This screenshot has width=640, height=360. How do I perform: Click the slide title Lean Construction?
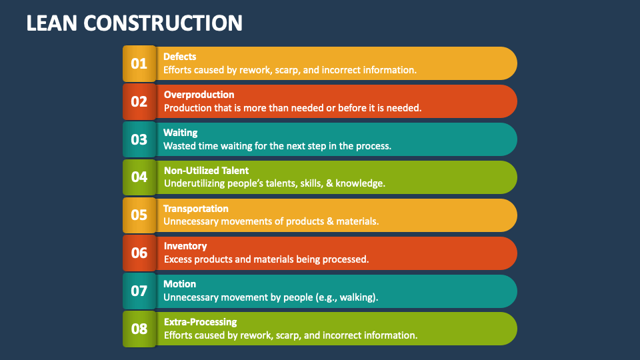pyautogui.click(x=134, y=23)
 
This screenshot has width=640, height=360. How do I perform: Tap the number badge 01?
pyautogui.click(x=139, y=64)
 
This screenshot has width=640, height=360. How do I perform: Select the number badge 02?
pyautogui.click(x=139, y=102)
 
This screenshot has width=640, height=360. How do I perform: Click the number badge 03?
pyautogui.click(x=139, y=140)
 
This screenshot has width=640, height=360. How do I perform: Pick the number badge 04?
pyautogui.click(x=139, y=177)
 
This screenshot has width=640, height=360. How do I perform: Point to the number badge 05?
pyautogui.click(x=139, y=215)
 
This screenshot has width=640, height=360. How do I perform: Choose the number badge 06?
pyautogui.click(x=139, y=253)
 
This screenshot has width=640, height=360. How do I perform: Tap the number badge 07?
pyautogui.click(x=139, y=291)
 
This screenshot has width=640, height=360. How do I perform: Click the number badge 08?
pyautogui.click(x=139, y=329)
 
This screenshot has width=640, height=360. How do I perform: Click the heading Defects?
pyautogui.click(x=179, y=57)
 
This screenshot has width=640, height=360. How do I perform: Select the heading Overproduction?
pyautogui.click(x=199, y=95)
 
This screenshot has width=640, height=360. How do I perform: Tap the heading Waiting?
pyautogui.click(x=180, y=133)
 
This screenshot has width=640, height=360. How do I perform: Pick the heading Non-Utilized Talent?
pyautogui.click(x=206, y=171)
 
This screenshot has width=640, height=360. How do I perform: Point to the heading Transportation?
pyautogui.click(x=195, y=209)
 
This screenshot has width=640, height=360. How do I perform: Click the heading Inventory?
pyautogui.click(x=185, y=246)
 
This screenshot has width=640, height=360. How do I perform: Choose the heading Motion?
pyautogui.click(x=179, y=284)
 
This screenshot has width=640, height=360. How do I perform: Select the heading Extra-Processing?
pyautogui.click(x=200, y=322)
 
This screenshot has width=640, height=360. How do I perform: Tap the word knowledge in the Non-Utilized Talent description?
pyautogui.click(x=360, y=183)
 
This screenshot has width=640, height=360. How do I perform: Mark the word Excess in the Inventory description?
pyautogui.click(x=177, y=259)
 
